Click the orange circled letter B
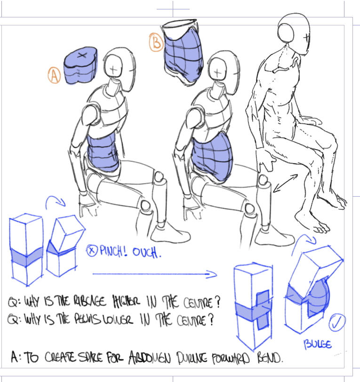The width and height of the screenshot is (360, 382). point(156,43)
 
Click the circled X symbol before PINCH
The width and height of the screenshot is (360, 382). point(91,251)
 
